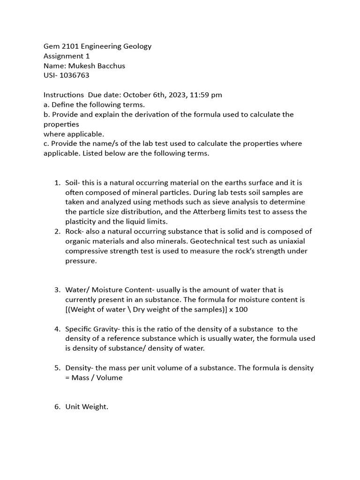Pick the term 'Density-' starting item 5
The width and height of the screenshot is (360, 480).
coord(79,367)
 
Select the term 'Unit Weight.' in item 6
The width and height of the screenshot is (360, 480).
coord(87,407)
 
